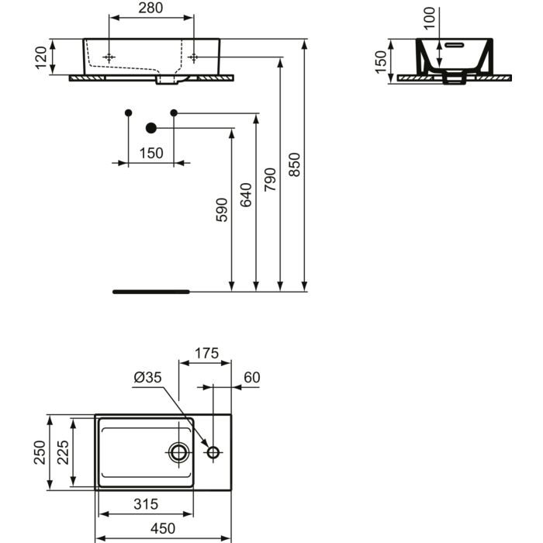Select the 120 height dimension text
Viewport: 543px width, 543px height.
(x=41, y=57)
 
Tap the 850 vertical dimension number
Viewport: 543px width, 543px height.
(x=294, y=164)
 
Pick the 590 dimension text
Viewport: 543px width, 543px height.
(x=223, y=209)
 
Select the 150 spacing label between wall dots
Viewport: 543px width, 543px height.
(x=151, y=153)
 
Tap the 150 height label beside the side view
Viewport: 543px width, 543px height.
(x=381, y=61)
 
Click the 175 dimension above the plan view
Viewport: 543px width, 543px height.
(x=206, y=354)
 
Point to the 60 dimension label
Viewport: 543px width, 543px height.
(x=251, y=378)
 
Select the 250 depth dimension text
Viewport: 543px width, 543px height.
(x=40, y=452)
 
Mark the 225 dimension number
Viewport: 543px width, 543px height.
(x=64, y=452)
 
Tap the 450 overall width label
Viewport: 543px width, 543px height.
(x=163, y=529)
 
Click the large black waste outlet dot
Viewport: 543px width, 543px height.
(x=151, y=128)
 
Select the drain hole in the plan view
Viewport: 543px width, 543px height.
(x=179, y=451)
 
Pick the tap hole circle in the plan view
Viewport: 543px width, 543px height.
(x=213, y=451)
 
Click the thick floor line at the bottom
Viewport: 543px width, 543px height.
(x=151, y=292)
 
